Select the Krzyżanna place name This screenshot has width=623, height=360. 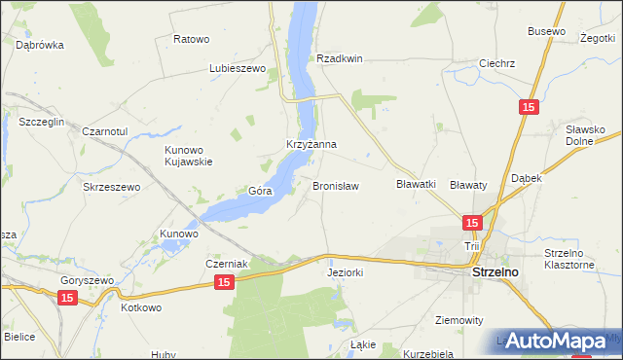311,144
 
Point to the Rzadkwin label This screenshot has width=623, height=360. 339,58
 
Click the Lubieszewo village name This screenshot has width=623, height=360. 238,69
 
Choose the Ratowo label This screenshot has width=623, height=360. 191,39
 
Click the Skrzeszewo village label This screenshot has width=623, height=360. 112,186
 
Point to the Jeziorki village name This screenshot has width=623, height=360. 344,273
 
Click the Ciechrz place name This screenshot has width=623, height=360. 496,63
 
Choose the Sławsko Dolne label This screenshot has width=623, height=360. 586,135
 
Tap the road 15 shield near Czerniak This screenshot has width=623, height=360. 224,282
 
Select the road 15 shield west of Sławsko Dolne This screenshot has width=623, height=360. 528,108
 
